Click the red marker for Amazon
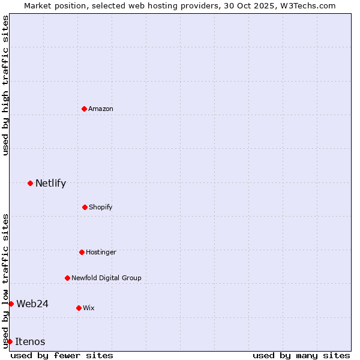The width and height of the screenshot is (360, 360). pos(84,109)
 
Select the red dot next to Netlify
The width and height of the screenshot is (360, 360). pos(30,183)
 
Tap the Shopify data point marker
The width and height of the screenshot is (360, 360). pos(85,207)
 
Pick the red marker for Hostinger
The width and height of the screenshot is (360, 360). pos(82,252)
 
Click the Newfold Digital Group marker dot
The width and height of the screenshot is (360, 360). pos(67,278)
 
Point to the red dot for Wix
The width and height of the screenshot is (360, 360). pos(79,308)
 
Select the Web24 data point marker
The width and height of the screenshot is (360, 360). pos(11,304)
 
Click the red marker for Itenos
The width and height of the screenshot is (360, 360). pos(10,341)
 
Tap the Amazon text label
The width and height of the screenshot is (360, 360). pos(101,109)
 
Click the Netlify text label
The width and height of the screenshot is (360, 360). pos(50,183)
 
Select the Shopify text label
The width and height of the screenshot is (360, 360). pos(101,207)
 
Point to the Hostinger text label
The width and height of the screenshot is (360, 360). pos(101,252)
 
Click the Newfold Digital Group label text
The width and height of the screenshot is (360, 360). pos(106,278)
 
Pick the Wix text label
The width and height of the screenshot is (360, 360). pos(89,308)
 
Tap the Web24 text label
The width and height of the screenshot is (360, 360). pos(32,304)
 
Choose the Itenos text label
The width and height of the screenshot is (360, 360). pos(30,341)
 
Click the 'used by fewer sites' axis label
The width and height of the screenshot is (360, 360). pos(62,355)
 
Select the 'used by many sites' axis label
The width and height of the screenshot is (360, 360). pos(301,355)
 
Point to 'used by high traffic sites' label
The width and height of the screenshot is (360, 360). pos(5,86)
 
